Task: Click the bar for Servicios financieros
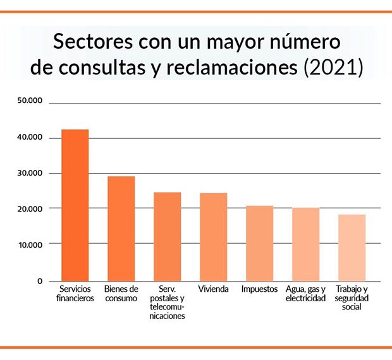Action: (x=75, y=205)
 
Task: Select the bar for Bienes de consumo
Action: (x=121, y=229)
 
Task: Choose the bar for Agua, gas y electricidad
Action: (x=305, y=244)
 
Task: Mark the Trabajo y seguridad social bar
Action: (x=352, y=248)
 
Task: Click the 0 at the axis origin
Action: (x=39, y=281)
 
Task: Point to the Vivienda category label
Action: (x=213, y=289)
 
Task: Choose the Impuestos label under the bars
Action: (x=259, y=289)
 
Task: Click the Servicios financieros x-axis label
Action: (x=75, y=293)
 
